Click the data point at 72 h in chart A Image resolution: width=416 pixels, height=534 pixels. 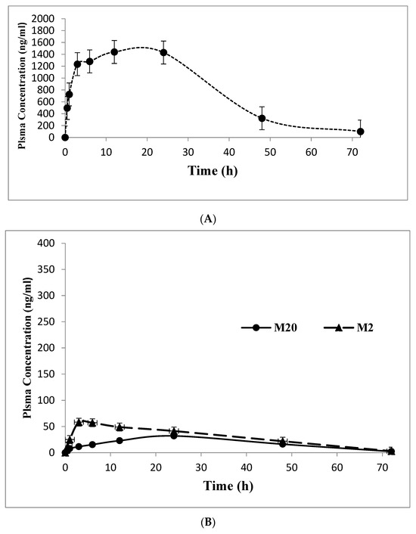point(360,132)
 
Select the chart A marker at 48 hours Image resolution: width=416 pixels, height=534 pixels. point(262,118)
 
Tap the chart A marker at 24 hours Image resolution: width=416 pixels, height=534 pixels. point(163,52)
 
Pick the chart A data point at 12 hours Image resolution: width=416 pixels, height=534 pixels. point(114,51)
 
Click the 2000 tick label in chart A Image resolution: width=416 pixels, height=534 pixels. point(42,19)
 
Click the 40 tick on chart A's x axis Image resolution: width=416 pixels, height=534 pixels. point(229,152)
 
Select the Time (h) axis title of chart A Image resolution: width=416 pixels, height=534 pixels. point(213,170)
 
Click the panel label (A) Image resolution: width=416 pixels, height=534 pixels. point(208,219)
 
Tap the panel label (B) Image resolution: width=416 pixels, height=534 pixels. point(208,522)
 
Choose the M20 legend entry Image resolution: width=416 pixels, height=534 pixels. point(269,328)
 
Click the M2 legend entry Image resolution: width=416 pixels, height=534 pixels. point(348,328)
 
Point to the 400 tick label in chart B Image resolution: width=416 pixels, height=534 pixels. point(47,243)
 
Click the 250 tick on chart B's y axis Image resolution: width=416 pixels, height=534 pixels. point(47,321)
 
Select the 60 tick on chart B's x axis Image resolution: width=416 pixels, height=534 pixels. point(337,467)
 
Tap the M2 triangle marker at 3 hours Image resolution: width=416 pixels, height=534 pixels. point(79,422)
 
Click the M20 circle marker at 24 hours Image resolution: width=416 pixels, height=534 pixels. point(174,436)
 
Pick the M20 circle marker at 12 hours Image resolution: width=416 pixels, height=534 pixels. point(120,440)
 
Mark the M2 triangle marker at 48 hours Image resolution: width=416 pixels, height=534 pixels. point(282,442)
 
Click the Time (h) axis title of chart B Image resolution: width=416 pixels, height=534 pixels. point(228,486)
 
